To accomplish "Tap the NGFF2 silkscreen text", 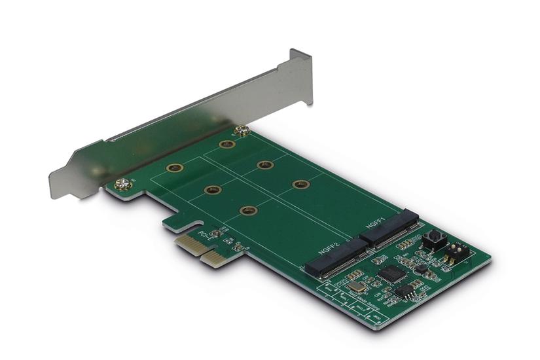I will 329,249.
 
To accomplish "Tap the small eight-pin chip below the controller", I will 403,291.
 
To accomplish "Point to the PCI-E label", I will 208,234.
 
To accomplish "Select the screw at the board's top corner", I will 243,130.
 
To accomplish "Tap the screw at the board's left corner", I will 121,185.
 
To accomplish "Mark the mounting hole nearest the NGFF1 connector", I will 300,185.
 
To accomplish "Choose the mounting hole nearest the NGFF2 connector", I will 247,210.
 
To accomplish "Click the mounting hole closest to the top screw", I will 226,144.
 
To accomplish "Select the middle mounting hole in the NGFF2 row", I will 212,190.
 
